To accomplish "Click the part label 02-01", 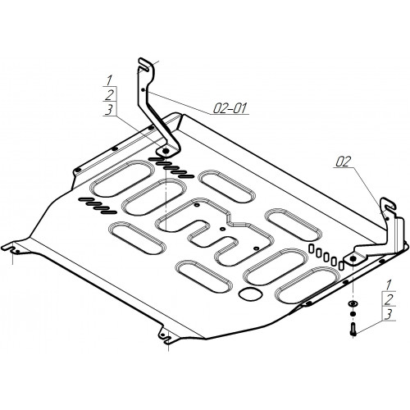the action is click(x=230, y=108).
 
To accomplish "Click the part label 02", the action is click(x=343, y=162).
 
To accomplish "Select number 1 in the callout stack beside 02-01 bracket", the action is click(x=109, y=80).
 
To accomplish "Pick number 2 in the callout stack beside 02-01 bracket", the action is click(x=109, y=95).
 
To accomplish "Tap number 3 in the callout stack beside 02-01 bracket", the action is click(x=108, y=110).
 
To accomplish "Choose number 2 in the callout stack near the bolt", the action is click(x=389, y=299).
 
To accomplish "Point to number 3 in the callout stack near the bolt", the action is click(x=389, y=314).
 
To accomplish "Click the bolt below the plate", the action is click(x=353, y=329).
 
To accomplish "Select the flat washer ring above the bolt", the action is click(x=352, y=303).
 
